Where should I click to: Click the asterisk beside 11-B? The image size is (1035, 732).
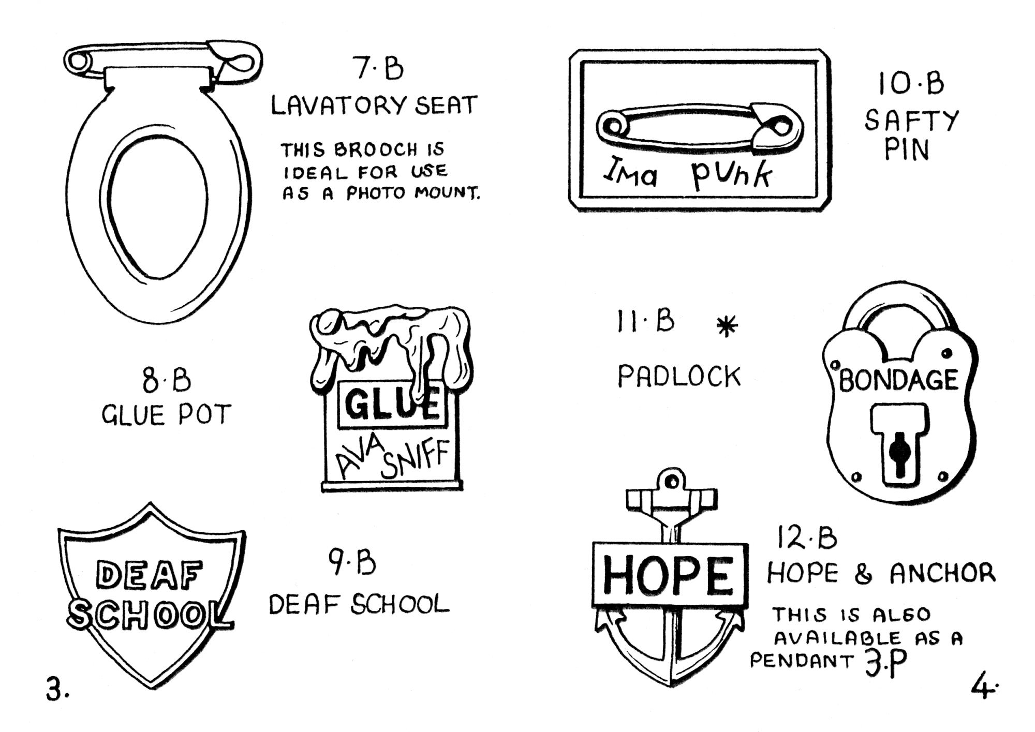click(727, 326)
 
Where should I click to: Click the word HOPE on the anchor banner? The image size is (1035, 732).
click(669, 574)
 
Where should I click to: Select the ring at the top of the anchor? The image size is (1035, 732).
click(672, 481)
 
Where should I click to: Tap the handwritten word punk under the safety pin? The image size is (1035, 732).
click(731, 174)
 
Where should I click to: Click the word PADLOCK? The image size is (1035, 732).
click(679, 376)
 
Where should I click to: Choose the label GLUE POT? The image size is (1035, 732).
click(166, 415)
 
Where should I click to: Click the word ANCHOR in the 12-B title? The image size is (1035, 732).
click(943, 573)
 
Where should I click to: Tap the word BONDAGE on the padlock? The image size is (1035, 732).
click(898, 381)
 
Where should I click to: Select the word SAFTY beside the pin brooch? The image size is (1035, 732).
click(911, 121)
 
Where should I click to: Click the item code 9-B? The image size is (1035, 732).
click(352, 563)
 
